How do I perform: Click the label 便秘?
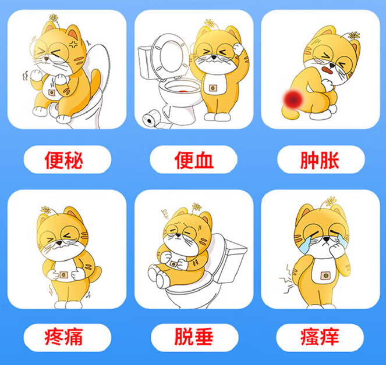pos(64,160)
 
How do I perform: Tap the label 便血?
pos(194,160)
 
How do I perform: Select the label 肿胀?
pos(320,160)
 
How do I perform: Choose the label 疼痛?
pos(64,337)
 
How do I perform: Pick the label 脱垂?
pos(194,337)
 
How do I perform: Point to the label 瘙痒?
pos(320,337)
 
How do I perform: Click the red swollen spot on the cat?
pos(293,99)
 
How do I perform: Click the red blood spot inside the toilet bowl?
pos(183,91)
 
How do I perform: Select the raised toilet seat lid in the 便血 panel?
pos(170,56)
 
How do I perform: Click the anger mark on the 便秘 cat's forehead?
pos(73,44)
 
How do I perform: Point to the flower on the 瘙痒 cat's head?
pos(331,201)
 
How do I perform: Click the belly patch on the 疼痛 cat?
pos(64,275)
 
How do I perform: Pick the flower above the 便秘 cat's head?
pos(54,17)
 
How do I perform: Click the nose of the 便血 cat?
pos(214,58)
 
